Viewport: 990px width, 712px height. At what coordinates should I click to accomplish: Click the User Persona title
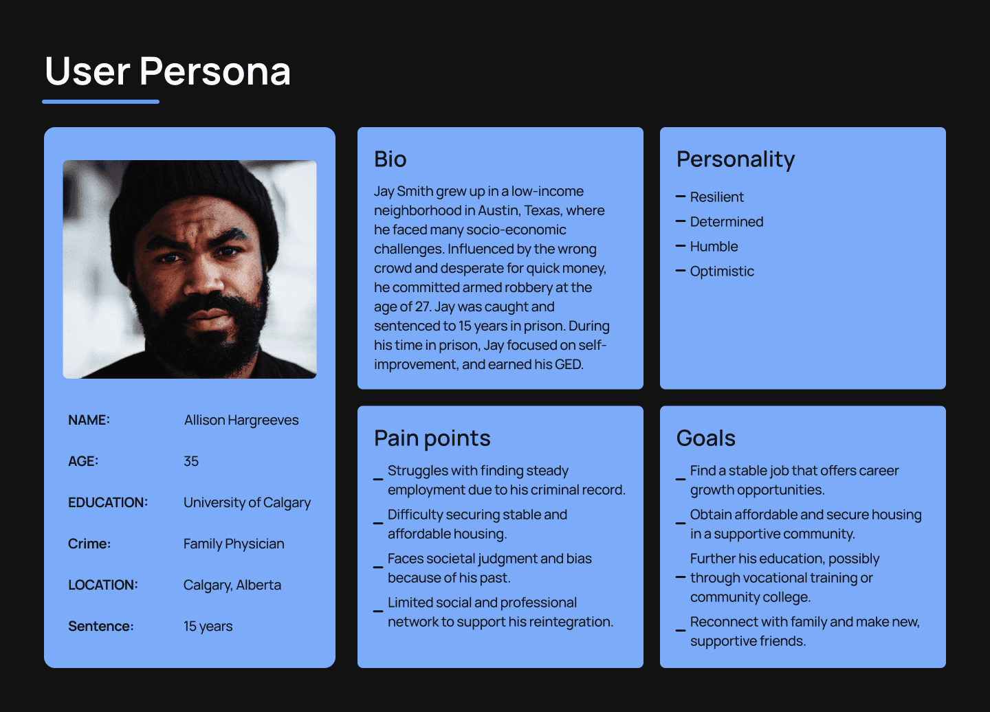pos(168,71)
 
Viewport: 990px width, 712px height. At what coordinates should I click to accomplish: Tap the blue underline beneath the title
pos(101,102)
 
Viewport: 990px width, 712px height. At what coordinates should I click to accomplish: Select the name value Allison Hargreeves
pos(241,420)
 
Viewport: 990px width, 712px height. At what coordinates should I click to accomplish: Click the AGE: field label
pos(83,461)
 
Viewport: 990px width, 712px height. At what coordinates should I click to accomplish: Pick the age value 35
pos(191,461)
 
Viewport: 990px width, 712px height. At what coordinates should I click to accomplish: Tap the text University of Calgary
pos(247,502)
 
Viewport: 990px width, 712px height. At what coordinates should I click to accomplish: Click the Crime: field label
pos(89,544)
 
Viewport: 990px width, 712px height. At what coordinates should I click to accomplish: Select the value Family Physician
pos(234,544)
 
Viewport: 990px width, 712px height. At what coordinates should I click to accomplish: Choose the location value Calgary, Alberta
pos(232,585)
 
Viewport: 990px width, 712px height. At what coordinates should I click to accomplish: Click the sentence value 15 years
pos(208,626)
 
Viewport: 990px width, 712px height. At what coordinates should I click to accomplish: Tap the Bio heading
pos(390,159)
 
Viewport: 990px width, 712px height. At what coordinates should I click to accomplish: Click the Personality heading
pos(736,159)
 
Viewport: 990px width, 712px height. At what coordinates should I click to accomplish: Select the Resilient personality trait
pos(716,197)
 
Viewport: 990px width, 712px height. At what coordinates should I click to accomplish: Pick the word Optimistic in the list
pos(722,271)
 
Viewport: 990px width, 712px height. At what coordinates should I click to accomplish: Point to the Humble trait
pos(714,247)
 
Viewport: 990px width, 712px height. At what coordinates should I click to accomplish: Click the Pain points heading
pos(432,438)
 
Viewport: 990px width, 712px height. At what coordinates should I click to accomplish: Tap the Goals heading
pos(705,438)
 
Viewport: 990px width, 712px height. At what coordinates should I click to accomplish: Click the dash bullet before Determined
pos(681,221)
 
